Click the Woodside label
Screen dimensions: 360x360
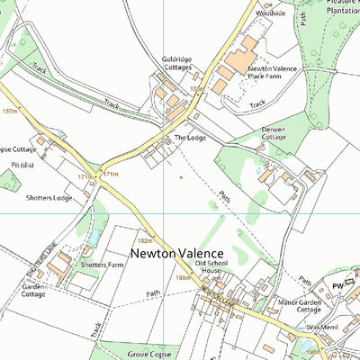click(270, 14)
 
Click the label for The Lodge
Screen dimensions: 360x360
click(190, 138)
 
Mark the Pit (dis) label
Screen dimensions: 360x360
click(23, 166)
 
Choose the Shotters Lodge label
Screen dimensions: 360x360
click(49, 197)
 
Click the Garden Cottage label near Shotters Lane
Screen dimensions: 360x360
click(33, 290)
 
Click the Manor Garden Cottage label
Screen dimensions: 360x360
click(300, 306)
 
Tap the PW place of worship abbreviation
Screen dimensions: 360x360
click(337, 285)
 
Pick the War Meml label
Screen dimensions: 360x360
click(321, 327)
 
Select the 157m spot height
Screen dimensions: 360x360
click(11, 112)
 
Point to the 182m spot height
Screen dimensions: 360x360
click(145, 241)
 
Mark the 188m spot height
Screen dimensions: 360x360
click(184, 279)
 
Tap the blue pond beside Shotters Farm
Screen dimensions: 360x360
click(94, 238)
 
